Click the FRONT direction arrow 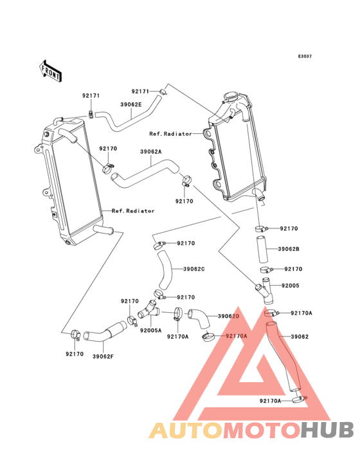(x=50, y=71)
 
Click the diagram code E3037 (x=305, y=56)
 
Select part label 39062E (x=131, y=104)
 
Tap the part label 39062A (x=150, y=152)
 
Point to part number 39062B (x=289, y=249)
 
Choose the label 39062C (x=194, y=269)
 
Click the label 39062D (x=229, y=316)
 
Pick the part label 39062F (x=104, y=356)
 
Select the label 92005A (x=150, y=331)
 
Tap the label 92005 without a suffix (x=291, y=286)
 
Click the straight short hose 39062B (x=262, y=249)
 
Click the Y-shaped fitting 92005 (x=265, y=291)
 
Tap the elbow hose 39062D (x=199, y=319)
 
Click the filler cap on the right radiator (x=231, y=97)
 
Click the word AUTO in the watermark (x=186, y=430)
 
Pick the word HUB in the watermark (x=328, y=430)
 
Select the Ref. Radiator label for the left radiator (x=133, y=211)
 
